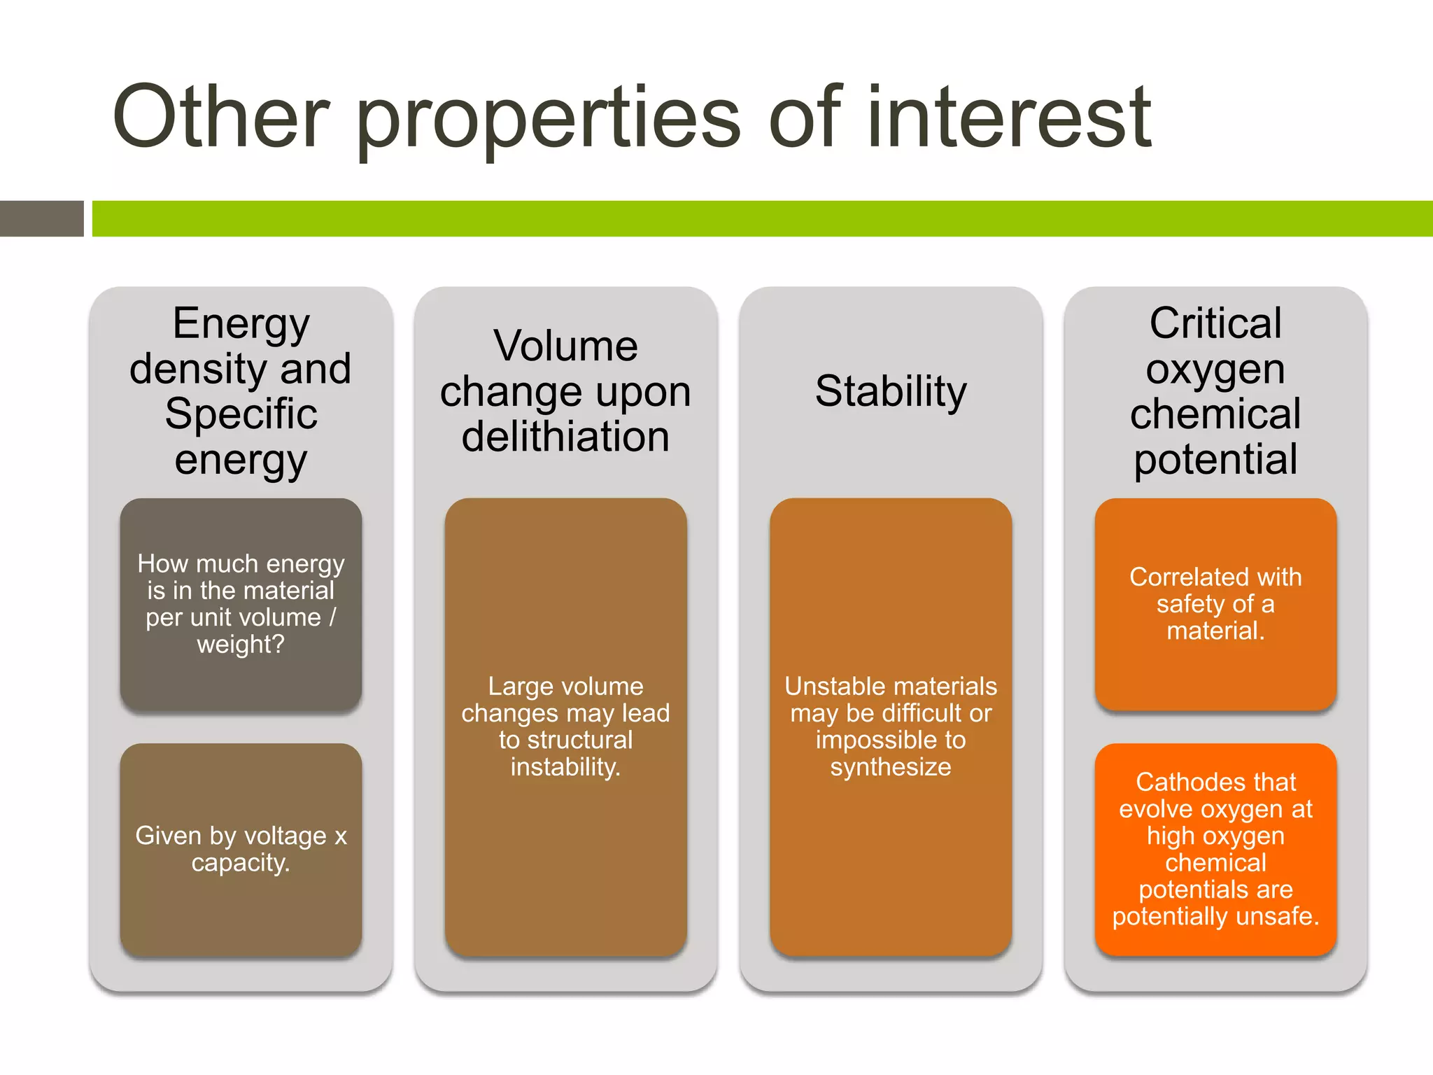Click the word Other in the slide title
pyautogui.click(x=221, y=117)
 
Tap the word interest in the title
pyautogui.click(x=1008, y=117)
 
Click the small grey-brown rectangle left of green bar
pyautogui.click(x=41, y=218)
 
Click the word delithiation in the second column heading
pyautogui.click(x=565, y=437)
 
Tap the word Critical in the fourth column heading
pyautogui.click(x=1215, y=323)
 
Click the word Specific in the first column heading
pyautogui.click(x=241, y=414)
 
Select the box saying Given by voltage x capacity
pyautogui.click(x=241, y=850)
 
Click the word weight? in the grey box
pyautogui.click(x=241, y=644)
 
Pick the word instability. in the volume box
pyautogui.click(x=565, y=767)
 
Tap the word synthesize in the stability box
pyautogui.click(x=891, y=767)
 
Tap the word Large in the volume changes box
pyautogui.click(x=514, y=687)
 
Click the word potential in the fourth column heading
pyautogui.click(x=1215, y=460)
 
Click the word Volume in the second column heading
pyautogui.click(x=565, y=346)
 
